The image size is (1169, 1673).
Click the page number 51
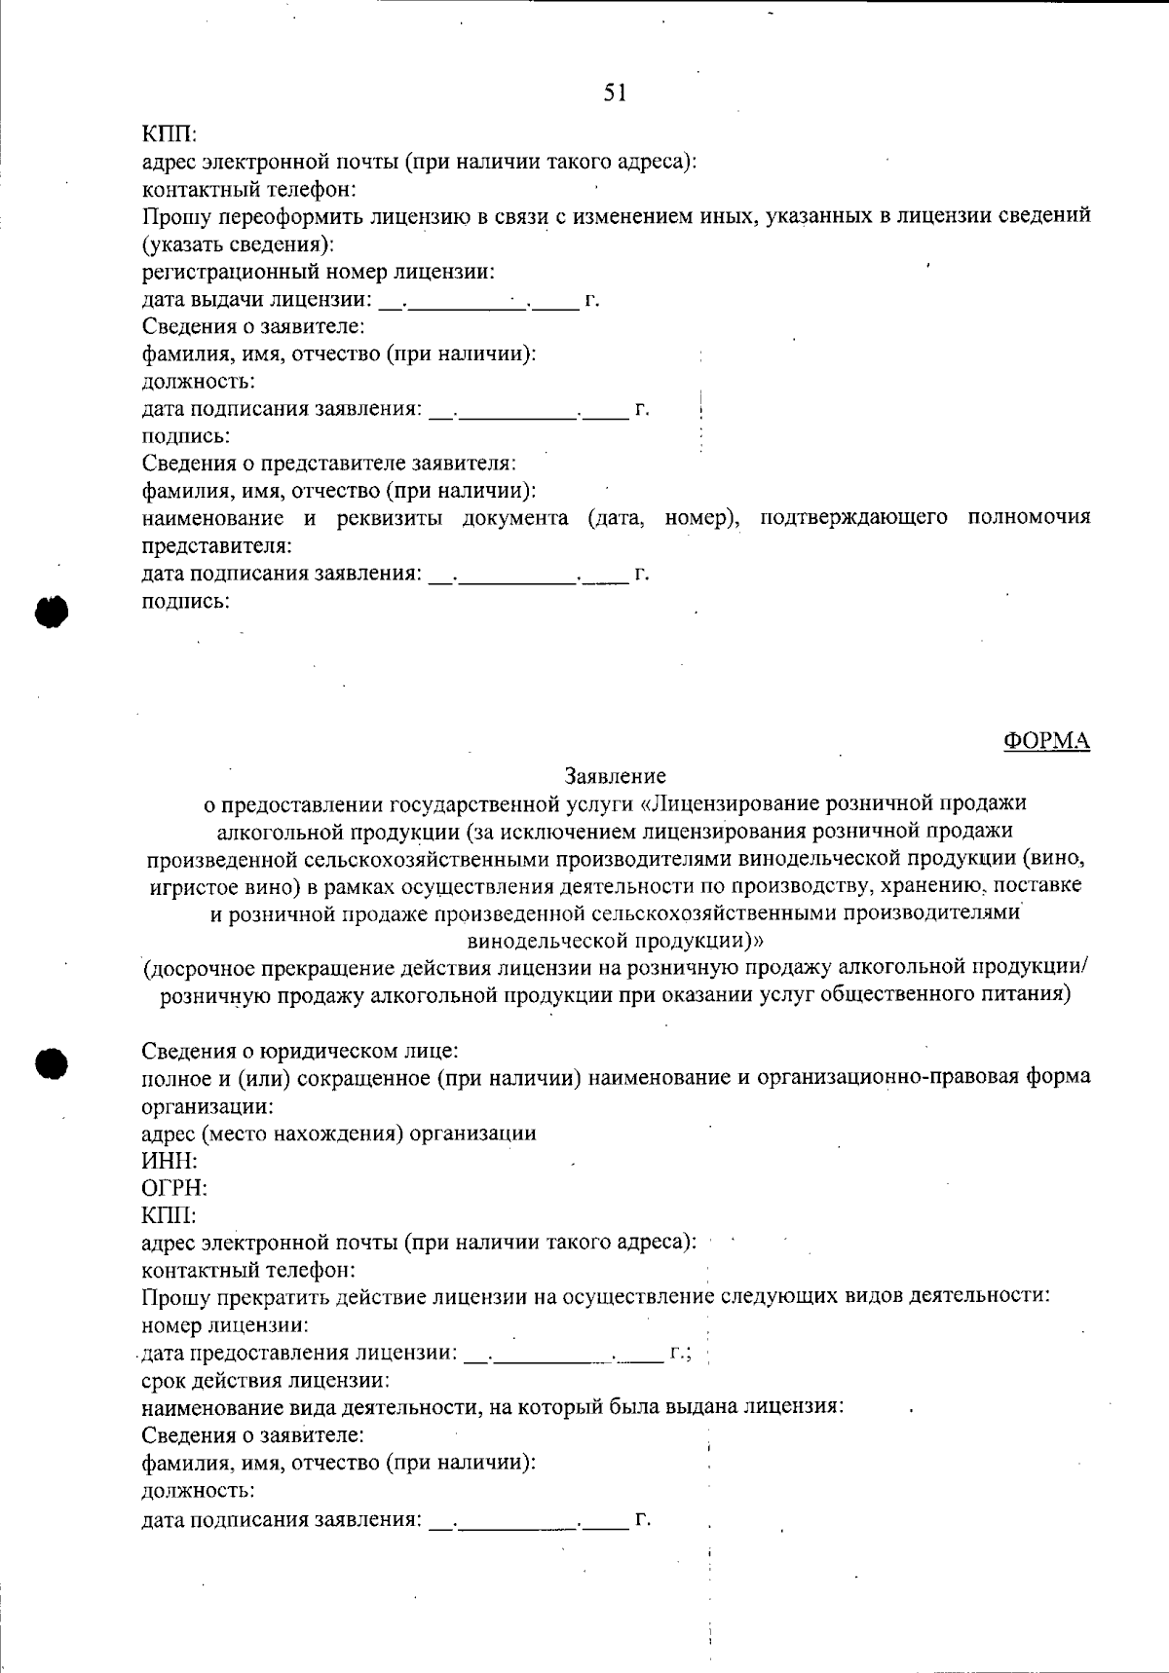click(615, 93)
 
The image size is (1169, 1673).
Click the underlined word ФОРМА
click(1046, 741)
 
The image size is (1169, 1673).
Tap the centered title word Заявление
click(615, 776)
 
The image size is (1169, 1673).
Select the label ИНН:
click(170, 1161)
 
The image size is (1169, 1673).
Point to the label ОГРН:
click(175, 1188)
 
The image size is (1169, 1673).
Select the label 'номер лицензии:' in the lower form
click(226, 1325)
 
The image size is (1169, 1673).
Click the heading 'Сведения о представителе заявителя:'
click(329, 464)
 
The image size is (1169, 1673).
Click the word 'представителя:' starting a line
click(216, 545)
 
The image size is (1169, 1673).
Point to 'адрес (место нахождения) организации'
click(339, 1134)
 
